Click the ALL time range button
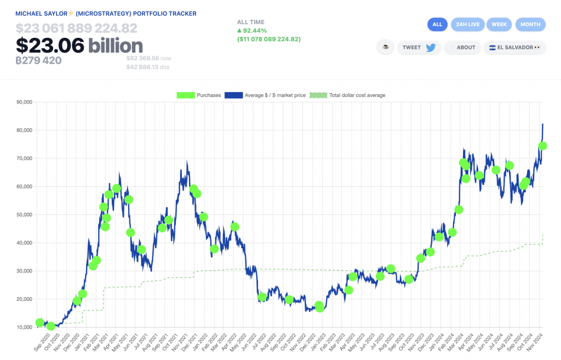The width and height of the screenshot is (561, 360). pyautogui.click(x=437, y=24)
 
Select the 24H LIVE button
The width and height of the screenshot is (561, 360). pyautogui.click(x=468, y=24)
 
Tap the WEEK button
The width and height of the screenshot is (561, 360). pyautogui.click(x=499, y=24)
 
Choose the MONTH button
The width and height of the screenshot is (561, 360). pyautogui.click(x=530, y=24)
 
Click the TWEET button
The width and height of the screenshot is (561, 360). pyautogui.click(x=419, y=47)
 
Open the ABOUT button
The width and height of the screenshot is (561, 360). pyautogui.click(x=463, y=47)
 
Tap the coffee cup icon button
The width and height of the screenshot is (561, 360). pyautogui.click(x=385, y=47)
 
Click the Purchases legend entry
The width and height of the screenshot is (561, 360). pyautogui.click(x=199, y=95)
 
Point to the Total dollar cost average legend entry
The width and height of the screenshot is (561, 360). pyautogui.click(x=348, y=95)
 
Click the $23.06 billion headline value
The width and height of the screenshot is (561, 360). pyautogui.click(x=79, y=45)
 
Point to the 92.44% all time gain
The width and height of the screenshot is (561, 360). pyautogui.click(x=254, y=31)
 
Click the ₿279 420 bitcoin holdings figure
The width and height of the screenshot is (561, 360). pyautogui.click(x=39, y=60)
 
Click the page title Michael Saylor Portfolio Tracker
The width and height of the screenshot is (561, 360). pyautogui.click(x=106, y=13)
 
